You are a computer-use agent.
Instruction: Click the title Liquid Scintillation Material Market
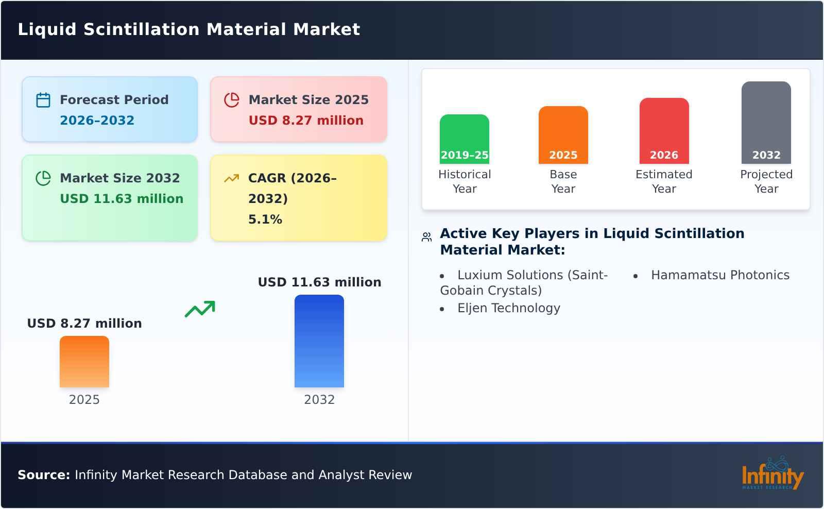(188, 29)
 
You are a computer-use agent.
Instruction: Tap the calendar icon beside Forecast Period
(43, 100)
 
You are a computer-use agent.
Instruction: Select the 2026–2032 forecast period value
(97, 121)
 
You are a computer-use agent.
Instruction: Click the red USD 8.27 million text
(306, 121)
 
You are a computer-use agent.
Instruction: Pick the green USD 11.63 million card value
(122, 199)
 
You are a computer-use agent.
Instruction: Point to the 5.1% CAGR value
(265, 219)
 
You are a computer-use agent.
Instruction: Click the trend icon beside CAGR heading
(231, 178)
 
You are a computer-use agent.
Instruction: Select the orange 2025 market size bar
(84, 362)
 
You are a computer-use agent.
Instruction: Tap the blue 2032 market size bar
(319, 341)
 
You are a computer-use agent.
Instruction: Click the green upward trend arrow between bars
(200, 309)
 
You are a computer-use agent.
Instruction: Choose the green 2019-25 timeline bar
(464, 139)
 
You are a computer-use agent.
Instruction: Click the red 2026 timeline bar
(664, 130)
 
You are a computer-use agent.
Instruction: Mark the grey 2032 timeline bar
(766, 122)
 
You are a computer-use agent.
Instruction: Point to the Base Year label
(563, 181)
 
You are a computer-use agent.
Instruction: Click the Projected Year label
(766, 181)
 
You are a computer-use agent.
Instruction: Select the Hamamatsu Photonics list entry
(719, 275)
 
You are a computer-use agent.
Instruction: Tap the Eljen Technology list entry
(508, 308)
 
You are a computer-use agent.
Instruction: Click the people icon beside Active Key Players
(426, 237)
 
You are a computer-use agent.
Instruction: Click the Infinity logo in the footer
(772, 474)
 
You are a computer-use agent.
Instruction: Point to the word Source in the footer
(43, 475)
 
